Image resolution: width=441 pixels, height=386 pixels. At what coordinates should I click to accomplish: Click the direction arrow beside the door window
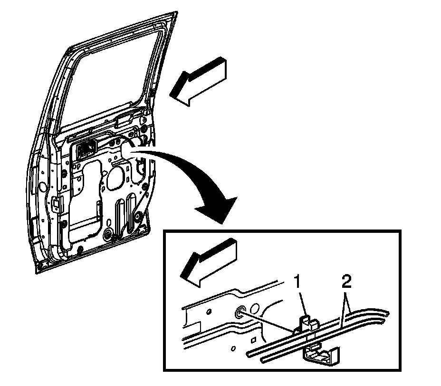(199, 81)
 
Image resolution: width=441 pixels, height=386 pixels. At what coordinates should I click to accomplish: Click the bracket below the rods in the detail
(322, 356)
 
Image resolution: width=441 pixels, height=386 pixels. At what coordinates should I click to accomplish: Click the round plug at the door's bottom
(108, 234)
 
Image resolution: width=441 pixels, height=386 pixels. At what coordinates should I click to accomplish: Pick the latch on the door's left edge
(57, 204)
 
